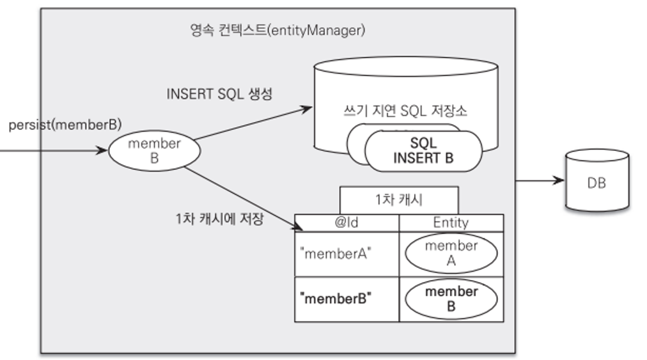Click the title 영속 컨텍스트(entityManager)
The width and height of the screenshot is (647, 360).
coord(277,30)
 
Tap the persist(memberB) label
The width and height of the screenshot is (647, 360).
coord(65,125)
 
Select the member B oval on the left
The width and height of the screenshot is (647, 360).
coord(154,152)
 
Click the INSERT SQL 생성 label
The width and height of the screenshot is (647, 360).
coord(219,94)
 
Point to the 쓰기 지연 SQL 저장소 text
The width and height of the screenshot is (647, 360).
coord(405,111)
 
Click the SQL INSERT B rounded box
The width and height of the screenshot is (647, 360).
coord(423,151)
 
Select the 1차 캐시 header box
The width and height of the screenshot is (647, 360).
coord(398,200)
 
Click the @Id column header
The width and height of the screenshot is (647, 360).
coord(347,223)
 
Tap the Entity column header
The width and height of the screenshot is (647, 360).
coord(451,223)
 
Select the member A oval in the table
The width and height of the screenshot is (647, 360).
coord(451,253)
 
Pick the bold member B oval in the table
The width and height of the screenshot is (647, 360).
coord(451,299)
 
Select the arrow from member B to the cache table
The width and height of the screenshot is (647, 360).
coord(243,199)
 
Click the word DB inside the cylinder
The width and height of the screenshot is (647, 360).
coord(596,184)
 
